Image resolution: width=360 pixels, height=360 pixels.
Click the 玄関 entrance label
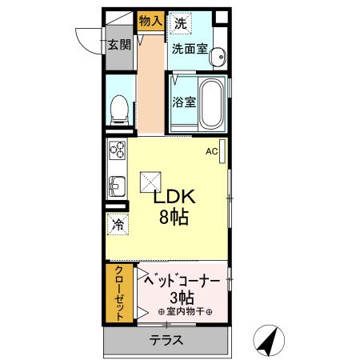tap(119, 46)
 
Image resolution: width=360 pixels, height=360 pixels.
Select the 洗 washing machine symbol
tap(181, 23)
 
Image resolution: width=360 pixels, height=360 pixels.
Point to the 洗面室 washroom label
tap(189, 48)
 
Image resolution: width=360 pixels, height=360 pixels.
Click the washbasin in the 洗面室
tap(217, 56)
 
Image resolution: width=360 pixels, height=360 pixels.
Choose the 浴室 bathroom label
tap(184, 102)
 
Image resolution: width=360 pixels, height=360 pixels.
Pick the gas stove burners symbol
tap(117, 150)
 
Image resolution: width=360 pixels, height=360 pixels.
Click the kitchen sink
tap(116, 186)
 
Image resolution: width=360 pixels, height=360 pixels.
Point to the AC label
tap(211, 150)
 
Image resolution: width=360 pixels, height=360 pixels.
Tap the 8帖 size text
tap(173, 217)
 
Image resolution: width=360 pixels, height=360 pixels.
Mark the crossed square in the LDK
tap(150, 182)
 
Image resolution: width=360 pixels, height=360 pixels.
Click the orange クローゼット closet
tap(118, 292)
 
